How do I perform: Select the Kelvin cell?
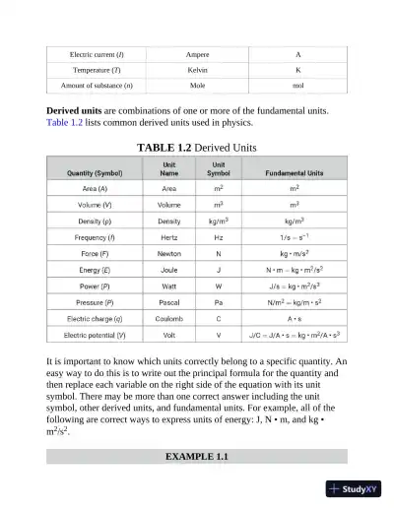click(197, 70)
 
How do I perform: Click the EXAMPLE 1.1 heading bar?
click(197, 458)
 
